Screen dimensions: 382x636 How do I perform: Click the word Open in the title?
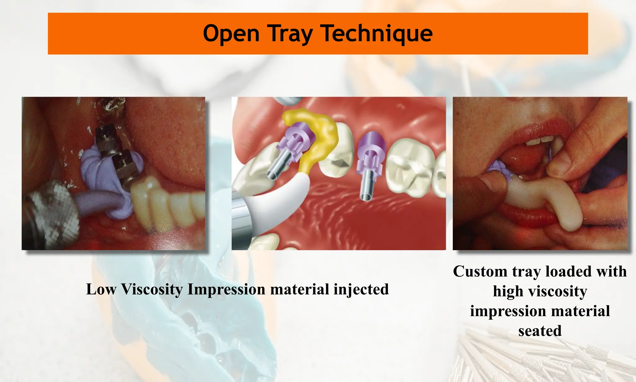(x=231, y=34)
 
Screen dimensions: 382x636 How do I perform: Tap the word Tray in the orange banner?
(x=289, y=34)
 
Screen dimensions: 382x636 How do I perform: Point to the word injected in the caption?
(x=361, y=289)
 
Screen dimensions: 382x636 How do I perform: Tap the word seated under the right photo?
(x=540, y=331)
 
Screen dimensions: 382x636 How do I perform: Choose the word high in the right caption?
(x=508, y=291)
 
